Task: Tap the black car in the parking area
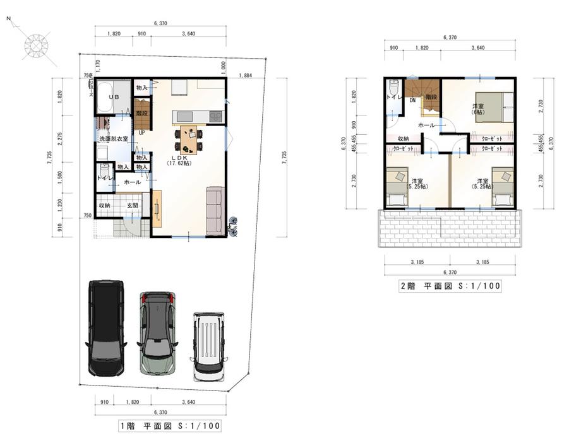coord(105,328)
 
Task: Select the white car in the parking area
coord(208,346)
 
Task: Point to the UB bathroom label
coord(114,98)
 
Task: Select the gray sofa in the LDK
coord(215,209)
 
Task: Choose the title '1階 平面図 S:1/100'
coord(170,426)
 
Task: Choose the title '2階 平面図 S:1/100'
coord(450,286)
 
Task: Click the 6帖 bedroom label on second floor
coord(478,109)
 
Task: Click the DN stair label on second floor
coord(412,100)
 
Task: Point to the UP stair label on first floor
coord(141,132)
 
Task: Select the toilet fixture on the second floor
coord(394,89)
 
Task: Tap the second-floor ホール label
coord(426,125)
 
